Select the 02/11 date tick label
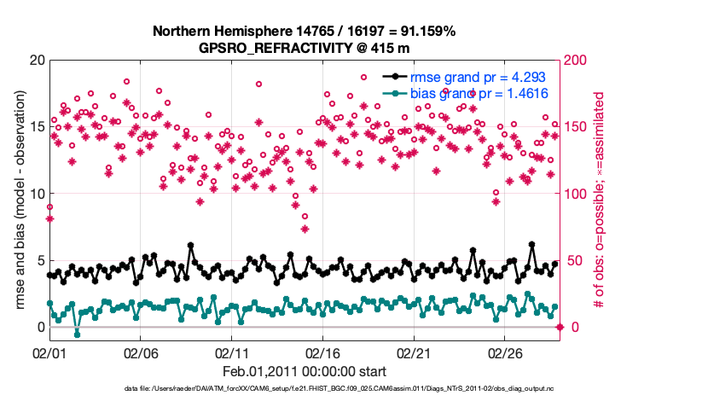point(231,352)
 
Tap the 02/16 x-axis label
point(322,352)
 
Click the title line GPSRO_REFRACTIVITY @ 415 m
point(305,47)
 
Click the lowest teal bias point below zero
point(77,334)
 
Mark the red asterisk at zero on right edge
point(560,327)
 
